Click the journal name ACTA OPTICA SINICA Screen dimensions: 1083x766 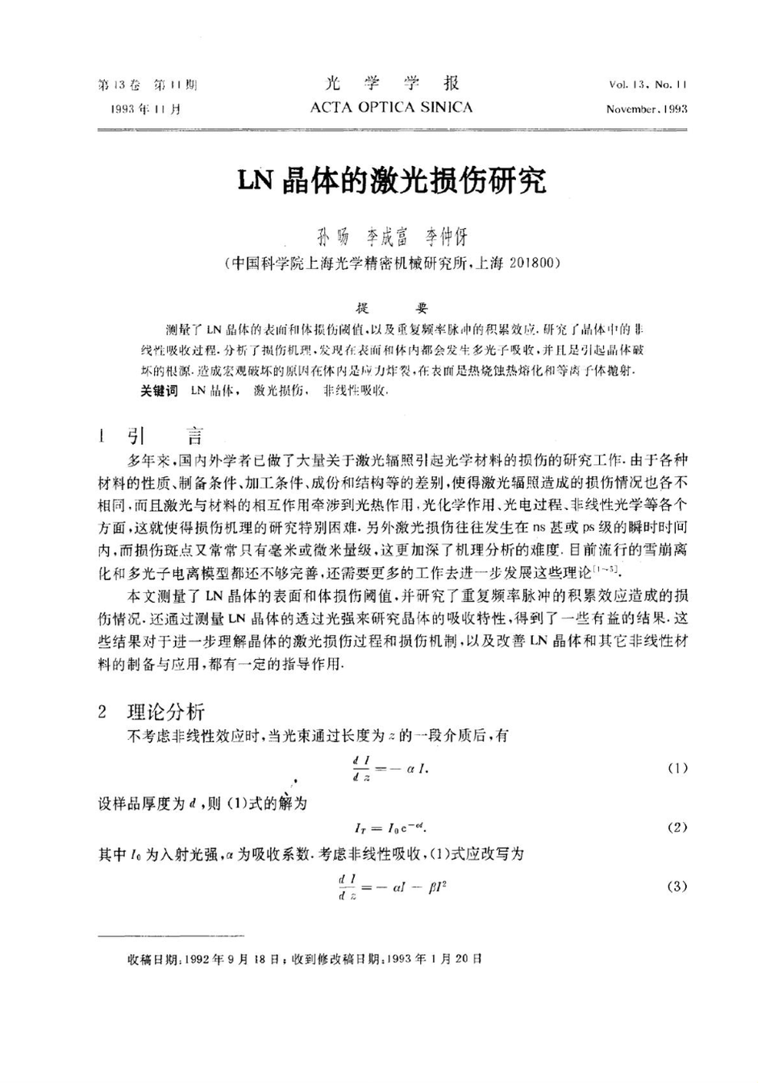pyautogui.click(x=391, y=107)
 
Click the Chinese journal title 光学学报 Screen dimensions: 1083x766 pyautogui.click(x=393, y=84)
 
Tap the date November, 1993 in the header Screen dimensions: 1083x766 pyautogui.click(x=647, y=109)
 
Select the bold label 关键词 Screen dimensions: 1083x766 pyautogui.click(x=158, y=390)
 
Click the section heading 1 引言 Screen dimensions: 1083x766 pyautogui.click(x=153, y=438)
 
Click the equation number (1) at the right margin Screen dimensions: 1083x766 pyautogui.click(x=677, y=768)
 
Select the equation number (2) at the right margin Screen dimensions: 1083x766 pyautogui.click(x=677, y=828)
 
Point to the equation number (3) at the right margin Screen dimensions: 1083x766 pyautogui.click(x=677, y=886)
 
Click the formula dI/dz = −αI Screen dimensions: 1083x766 pyautogui.click(x=390, y=768)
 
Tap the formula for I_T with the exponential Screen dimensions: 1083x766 pyautogui.click(x=391, y=828)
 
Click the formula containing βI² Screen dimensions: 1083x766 pyautogui.click(x=393, y=886)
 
